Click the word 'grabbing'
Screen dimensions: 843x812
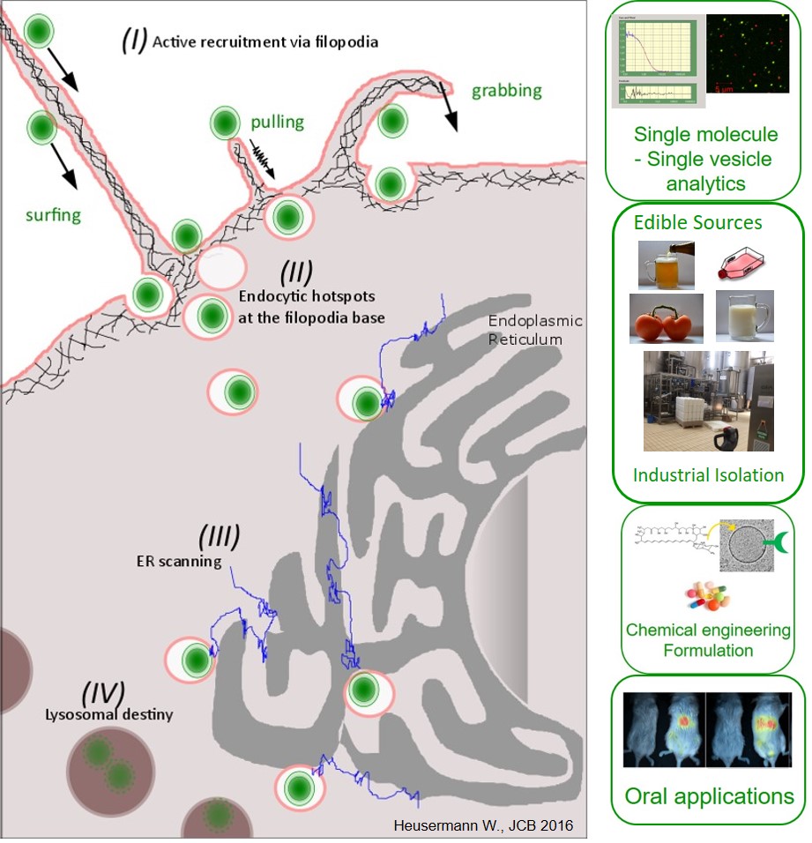click(506, 91)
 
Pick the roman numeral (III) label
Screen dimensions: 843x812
click(218, 536)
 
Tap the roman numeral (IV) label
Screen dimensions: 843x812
click(102, 692)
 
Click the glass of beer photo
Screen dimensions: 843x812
click(667, 264)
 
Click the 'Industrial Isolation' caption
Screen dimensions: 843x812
click(708, 475)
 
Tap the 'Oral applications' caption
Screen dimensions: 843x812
click(708, 797)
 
